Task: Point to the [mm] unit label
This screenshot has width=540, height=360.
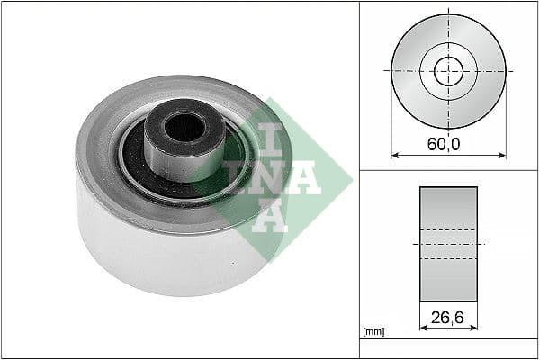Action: [373, 332]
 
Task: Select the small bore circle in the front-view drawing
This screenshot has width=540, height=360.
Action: [448, 70]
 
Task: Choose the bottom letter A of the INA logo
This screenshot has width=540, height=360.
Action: [269, 216]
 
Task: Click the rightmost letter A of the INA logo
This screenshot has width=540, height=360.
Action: [306, 179]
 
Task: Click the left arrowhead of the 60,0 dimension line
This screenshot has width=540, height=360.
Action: [394, 155]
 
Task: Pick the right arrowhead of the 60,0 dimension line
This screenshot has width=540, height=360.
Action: [502, 155]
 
